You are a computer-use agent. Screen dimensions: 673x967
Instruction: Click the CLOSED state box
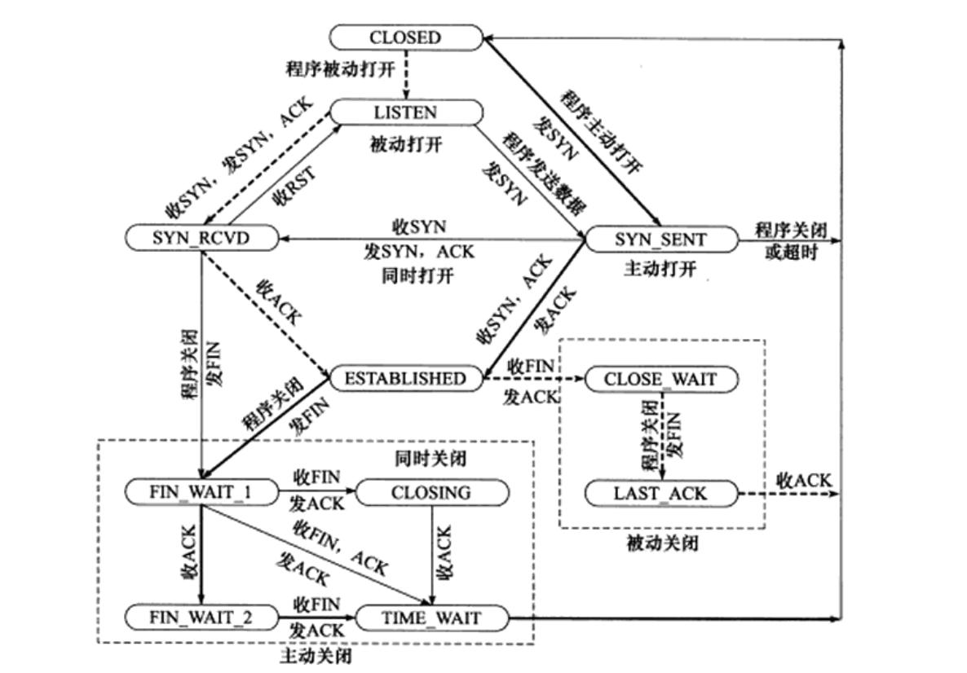[x=405, y=37]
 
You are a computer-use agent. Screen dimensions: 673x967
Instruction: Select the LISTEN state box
[x=405, y=112]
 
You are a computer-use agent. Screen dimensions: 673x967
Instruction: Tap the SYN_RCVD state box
[x=201, y=238]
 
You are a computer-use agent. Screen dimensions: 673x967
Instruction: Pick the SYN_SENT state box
[x=660, y=240]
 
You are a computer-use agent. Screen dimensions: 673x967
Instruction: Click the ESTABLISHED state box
[x=405, y=379]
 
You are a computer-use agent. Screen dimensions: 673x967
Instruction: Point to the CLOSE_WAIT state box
[x=660, y=380]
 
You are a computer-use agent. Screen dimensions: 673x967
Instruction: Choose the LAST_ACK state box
[x=660, y=493]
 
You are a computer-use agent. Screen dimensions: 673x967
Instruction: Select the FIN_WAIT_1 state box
[x=201, y=493]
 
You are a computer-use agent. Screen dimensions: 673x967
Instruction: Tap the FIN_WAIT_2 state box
[x=201, y=618]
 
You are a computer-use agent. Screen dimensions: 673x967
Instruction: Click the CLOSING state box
[x=431, y=493]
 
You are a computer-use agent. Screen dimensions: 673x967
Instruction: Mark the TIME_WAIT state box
[x=431, y=618]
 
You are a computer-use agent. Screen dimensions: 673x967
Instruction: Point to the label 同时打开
[x=417, y=275]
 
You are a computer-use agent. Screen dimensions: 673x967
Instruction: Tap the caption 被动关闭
[x=662, y=543]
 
